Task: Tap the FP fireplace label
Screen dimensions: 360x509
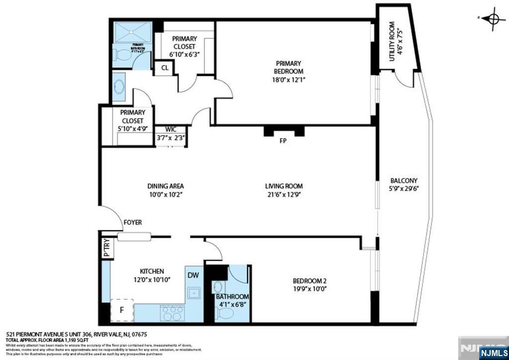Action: pyautogui.click(x=283, y=140)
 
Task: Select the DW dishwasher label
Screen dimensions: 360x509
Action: pyautogui.click(x=193, y=274)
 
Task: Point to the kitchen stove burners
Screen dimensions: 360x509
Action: pyautogui.click(x=172, y=313)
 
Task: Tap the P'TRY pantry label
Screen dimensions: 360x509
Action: pyautogui.click(x=106, y=248)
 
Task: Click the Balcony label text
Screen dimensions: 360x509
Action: pyautogui.click(x=404, y=180)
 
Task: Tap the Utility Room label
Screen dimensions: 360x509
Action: pyautogui.click(x=392, y=41)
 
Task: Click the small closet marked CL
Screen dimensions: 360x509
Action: pyautogui.click(x=164, y=68)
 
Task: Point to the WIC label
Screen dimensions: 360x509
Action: pyautogui.click(x=170, y=130)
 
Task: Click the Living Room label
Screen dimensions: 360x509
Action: pyautogui.click(x=284, y=186)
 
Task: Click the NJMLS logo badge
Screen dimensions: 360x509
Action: pyautogui.click(x=492, y=353)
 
